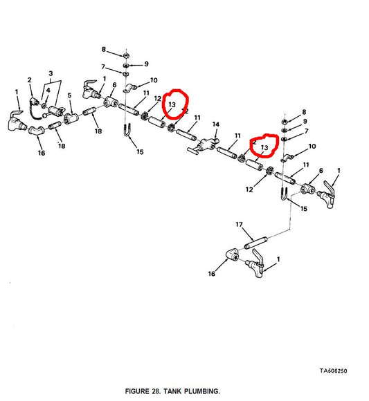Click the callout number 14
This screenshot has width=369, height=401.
[215, 124]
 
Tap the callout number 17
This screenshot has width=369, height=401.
[239, 224]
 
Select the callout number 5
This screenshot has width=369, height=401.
[69, 95]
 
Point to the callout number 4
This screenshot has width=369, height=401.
[48, 90]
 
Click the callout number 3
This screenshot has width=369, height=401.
[51, 73]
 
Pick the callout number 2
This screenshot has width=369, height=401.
[30, 80]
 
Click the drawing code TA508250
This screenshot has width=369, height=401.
[333, 371]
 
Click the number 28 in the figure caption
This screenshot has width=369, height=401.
[156, 391]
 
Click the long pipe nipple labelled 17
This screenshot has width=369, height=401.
[256, 243]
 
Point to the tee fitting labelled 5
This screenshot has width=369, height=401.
[71, 118]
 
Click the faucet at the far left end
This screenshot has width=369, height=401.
[17, 121]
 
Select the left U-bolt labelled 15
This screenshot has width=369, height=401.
[127, 130]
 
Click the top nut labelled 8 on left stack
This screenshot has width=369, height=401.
[126, 55]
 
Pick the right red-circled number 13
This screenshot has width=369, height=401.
[264, 147]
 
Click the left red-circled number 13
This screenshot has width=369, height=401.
[172, 104]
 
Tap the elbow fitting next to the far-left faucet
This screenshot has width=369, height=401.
[36, 131]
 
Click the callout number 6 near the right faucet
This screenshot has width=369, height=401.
[321, 170]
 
